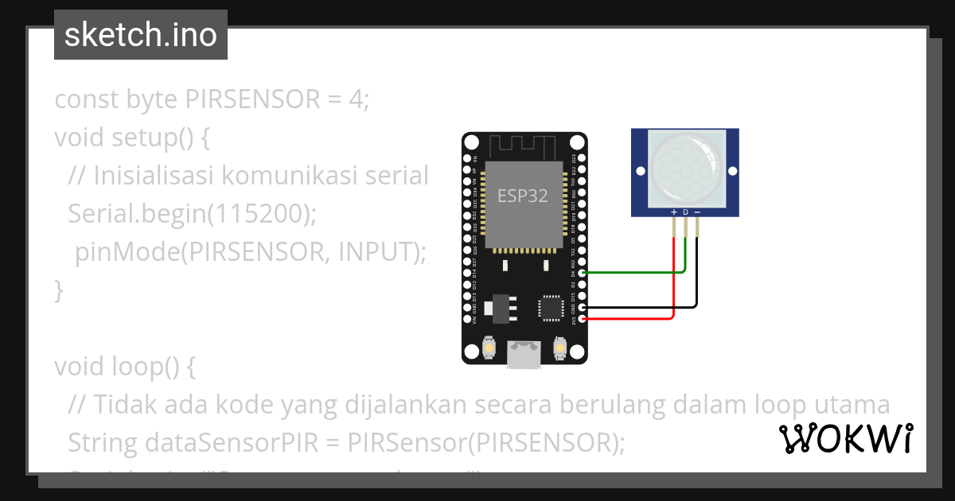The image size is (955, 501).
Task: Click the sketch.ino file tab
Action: pyautogui.click(x=141, y=35)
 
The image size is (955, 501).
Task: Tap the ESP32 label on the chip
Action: pyautogui.click(x=523, y=196)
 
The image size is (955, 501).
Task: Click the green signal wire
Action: pyautogui.click(x=637, y=273)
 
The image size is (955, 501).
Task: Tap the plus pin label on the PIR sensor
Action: pyautogui.click(x=674, y=212)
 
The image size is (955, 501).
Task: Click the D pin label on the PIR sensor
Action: pyautogui.click(x=685, y=212)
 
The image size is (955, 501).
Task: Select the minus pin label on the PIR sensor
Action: pyautogui.click(x=697, y=212)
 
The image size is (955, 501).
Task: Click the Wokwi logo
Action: pyautogui.click(x=846, y=438)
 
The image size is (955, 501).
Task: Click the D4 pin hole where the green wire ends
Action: pyautogui.click(x=583, y=273)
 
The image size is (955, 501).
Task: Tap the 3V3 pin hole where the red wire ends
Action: pyautogui.click(x=583, y=319)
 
